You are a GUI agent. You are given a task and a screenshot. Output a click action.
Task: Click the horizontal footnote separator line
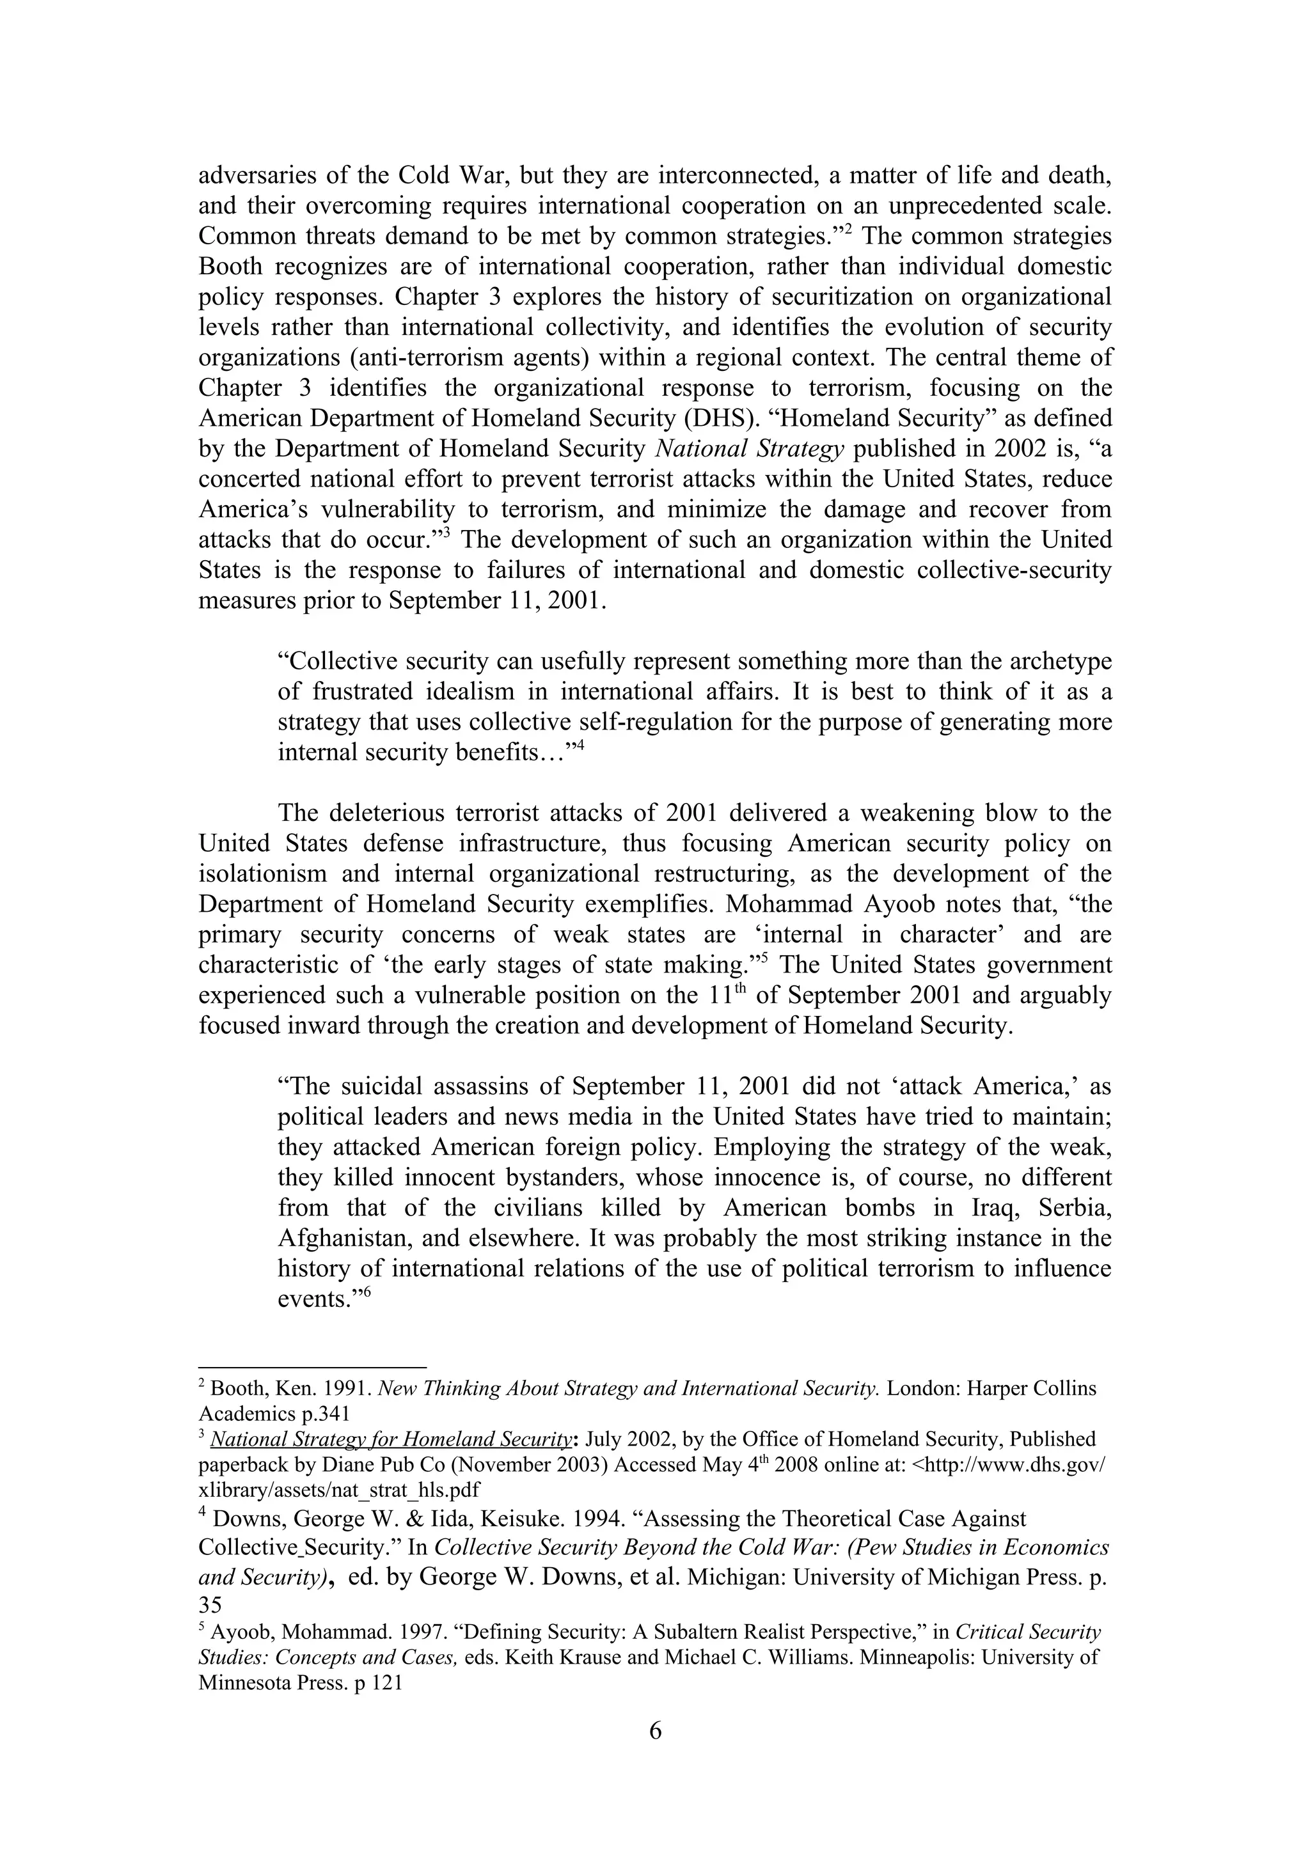[x=312, y=1368]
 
